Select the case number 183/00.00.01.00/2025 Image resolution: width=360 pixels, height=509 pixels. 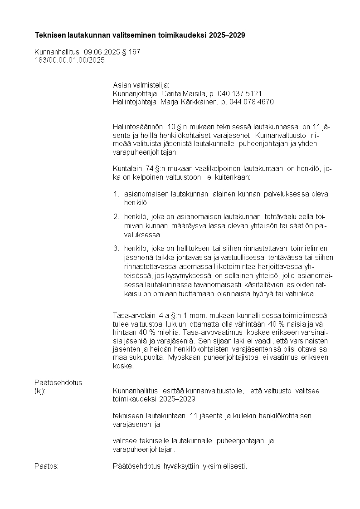click(69, 60)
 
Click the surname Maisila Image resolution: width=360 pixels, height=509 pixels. click(194, 93)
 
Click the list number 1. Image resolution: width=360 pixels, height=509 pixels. click(116, 194)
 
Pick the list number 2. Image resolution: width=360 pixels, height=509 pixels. click(116, 216)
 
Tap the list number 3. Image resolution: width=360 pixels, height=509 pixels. click(116, 248)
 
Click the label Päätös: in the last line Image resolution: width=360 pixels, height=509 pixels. click(46, 466)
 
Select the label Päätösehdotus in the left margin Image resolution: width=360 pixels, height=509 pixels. click(58, 382)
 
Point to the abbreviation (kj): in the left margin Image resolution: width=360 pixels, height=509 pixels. click(40, 391)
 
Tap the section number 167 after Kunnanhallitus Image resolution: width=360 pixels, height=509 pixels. click(134, 52)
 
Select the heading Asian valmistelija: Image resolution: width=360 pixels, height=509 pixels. click(141, 85)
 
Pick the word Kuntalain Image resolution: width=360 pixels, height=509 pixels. click(127, 169)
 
